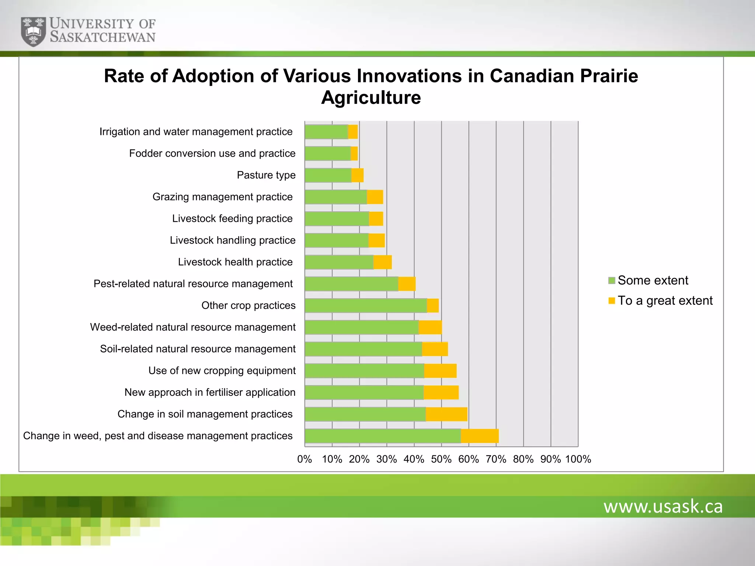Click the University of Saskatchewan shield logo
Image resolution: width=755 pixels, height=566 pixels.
[x=34, y=31]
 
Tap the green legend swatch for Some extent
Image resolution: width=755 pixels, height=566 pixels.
[x=612, y=281]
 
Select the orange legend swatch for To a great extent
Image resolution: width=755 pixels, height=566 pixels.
[x=612, y=301]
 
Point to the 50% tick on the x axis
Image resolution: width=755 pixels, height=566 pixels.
[x=441, y=459]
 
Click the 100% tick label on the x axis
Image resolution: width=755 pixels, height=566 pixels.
[x=578, y=459]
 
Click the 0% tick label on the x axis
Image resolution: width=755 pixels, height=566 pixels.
[x=305, y=459]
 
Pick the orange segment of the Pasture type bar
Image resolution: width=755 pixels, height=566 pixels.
[x=357, y=175]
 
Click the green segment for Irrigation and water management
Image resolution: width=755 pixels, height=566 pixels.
[x=326, y=132]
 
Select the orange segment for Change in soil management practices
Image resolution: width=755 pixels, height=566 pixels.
[x=446, y=414]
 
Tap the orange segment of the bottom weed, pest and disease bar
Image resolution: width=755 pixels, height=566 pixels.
[x=480, y=436]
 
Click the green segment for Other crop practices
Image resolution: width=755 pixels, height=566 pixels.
[x=366, y=306]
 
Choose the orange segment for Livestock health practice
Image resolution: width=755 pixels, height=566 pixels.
[x=382, y=262]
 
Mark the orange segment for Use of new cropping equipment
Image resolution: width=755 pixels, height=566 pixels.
[x=440, y=371]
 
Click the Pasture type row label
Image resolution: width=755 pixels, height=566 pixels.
[x=266, y=175]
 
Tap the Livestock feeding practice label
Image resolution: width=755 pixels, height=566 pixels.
[x=232, y=219]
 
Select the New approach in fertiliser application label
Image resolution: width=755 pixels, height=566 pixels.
[x=210, y=392]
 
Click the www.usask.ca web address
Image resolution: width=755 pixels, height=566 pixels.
[x=663, y=506]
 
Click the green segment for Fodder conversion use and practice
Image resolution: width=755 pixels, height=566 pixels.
[x=328, y=154]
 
